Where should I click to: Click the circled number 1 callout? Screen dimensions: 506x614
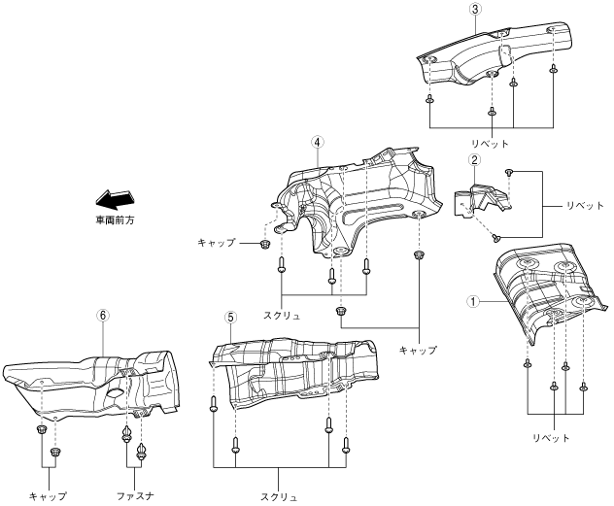[473, 301]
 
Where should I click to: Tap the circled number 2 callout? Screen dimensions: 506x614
[473, 160]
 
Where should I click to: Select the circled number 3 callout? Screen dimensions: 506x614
[474, 9]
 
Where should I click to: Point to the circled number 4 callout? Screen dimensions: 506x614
[317, 141]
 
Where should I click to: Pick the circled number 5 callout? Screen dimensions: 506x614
[230, 317]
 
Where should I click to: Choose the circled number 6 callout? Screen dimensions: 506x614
[103, 316]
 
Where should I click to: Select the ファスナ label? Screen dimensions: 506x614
[135, 495]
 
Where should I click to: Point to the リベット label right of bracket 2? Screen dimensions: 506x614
[560, 206]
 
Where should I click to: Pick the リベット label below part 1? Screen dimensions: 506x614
[554, 437]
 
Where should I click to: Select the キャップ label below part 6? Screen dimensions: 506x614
[48, 495]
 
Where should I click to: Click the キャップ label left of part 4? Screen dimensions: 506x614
[217, 241]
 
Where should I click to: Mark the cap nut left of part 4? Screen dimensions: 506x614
[264, 242]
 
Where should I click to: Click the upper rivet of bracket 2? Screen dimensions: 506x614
[508, 173]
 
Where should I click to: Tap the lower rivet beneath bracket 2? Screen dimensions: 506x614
[496, 235]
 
